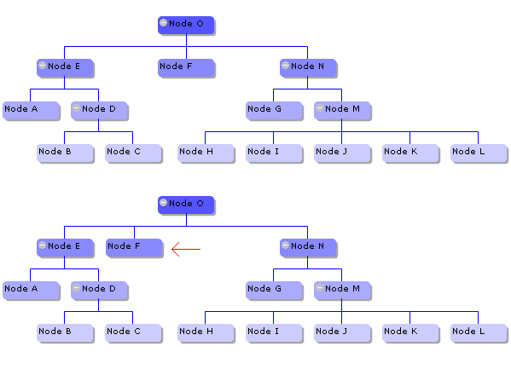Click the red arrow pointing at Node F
coord(186,250)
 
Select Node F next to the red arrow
coord(134,248)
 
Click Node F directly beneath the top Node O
coord(186,68)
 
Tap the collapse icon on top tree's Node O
coord(163,23)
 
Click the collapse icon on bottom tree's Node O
coord(163,203)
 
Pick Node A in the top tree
coord(32,111)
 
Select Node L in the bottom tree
coord(479,333)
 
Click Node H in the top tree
coord(206,153)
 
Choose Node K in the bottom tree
coord(410,333)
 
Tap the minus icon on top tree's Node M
coord(319,108)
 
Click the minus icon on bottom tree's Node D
coord(76,288)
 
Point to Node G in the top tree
coord(274,111)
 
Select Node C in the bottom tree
coord(133,333)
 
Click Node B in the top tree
coord(65,153)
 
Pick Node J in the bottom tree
coord(342,333)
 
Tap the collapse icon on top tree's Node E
coord(42,66)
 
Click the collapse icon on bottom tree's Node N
coord(285,245)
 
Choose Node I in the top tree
coord(274,153)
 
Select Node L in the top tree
coord(479,153)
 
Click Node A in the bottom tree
coord(32,291)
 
